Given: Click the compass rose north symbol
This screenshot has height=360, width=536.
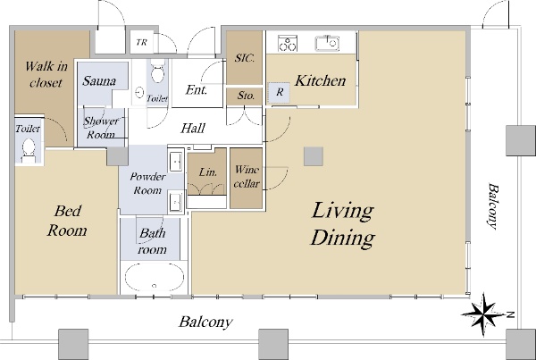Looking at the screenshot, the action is point(483,314).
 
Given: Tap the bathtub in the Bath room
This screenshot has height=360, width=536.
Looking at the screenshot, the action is point(155,277).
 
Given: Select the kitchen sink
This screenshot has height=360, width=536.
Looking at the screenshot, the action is point(327,43).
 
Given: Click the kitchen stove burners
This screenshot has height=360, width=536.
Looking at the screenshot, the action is point(288,43).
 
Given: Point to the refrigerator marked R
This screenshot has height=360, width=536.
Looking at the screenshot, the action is point(279,92).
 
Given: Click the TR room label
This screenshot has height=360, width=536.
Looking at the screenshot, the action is point(141,42).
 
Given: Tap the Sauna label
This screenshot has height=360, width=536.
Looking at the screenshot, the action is point(99,81).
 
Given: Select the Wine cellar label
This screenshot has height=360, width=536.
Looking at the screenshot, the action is point(247,176).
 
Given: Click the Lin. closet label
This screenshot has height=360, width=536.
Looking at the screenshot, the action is point(208,172).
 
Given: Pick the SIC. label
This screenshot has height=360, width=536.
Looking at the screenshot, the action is point(245,58).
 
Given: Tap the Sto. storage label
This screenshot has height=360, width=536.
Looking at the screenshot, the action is point(246,96).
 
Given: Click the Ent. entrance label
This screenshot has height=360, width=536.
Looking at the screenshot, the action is point(197,90).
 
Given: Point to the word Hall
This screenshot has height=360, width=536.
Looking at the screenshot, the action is point(193,129).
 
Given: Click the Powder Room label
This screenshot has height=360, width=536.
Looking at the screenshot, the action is point(147,183).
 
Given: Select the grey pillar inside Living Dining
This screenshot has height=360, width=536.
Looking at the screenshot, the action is point(314,156).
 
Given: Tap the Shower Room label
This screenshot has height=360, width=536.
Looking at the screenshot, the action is point(101,128).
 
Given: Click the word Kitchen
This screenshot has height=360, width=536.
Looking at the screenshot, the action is point(321,80).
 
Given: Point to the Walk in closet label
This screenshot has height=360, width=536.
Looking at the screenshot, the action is point(46,74).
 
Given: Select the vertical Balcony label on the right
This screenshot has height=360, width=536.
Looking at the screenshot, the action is point(492,206).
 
